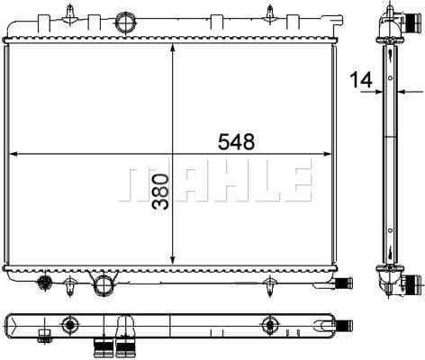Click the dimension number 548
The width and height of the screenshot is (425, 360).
click(x=235, y=141)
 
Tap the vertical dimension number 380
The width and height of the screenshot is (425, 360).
click(x=159, y=192)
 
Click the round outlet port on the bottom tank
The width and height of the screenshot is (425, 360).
click(x=106, y=285)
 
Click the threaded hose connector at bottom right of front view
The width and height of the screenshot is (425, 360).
click(x=342, y=284)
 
